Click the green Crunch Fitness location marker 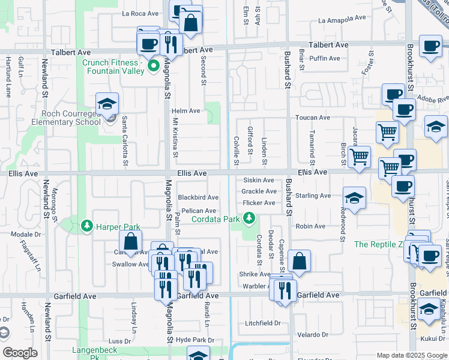click(x=153, y=66)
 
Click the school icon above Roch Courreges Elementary click(x=107, y=104)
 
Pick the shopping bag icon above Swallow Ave click(x=130, y=243)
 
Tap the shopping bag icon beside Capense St click(x=299, y=262)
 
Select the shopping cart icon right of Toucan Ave click(x=388, y=132)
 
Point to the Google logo click(x=20, y=353)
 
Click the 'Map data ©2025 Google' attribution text click(x=412, y=355)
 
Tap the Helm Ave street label click(x=185, y=111)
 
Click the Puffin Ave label click(x=325, y=58)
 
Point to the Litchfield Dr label click(x=262, y=323)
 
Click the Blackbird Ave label click(x=197, y=197)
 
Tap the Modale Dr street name click(x=25, y=234)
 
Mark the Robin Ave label click(x=310, y=226)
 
